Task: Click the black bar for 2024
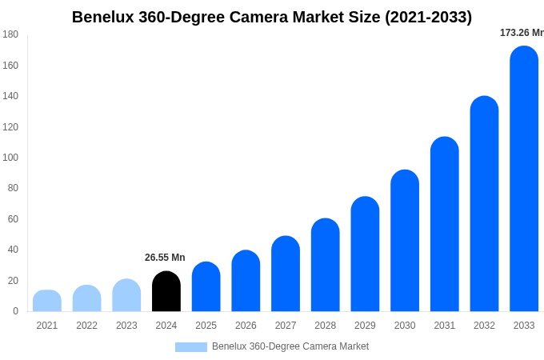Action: click(x=166, y=292)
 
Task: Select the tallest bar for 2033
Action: click(x=524, y=179)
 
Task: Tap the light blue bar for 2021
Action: click(x=47, y=302)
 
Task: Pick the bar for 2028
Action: click(x=326, y=266)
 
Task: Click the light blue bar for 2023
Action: click(x=126, y=296)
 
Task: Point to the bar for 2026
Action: click(x=246, y=282)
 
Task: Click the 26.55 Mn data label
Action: click(x=165, y=258)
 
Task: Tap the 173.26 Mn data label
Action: click(x=522, y=33)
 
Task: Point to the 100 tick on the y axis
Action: click(x=10, y=158)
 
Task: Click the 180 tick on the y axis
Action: click(x=10, y=34)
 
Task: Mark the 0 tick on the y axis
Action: click(x=15, y=311)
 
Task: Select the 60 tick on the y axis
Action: click(x=13, y=219)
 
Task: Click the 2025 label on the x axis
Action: click(x=206, y=326)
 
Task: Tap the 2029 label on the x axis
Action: click(x=365, y=326)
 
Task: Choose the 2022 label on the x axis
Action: click(x=86, y=326)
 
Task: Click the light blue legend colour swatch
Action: click(x=190, y=347)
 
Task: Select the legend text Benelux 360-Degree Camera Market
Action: click(x=290, y=346)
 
